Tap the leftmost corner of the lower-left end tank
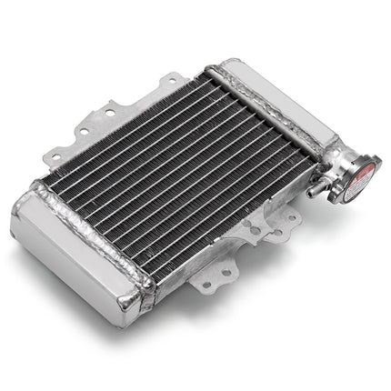click(x=14, y=218)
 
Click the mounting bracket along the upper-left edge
click(x=109, y=123)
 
